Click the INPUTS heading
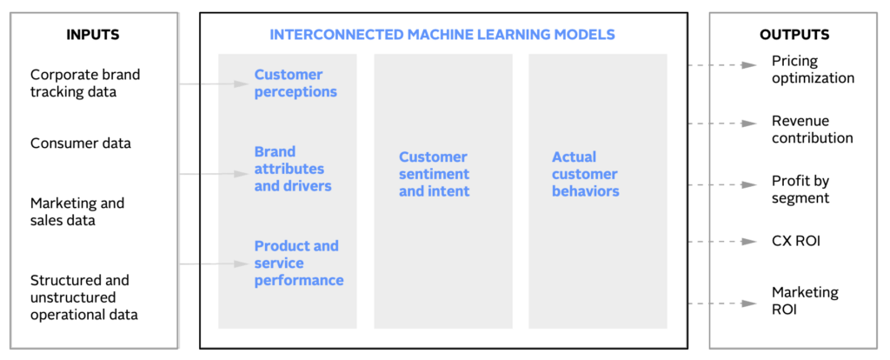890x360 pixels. click(93, 35)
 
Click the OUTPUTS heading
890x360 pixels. click(794, 35)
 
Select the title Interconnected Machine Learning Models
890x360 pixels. click(442, 35)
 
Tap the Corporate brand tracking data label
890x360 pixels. click(85, 83)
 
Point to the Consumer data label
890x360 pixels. click(81, 143)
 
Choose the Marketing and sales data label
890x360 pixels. click(77, 211)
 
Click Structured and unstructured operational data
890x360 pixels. click(84, 297)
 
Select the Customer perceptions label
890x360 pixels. click(296, 83)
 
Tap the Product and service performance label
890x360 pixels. click(299, 263)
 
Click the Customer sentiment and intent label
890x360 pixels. click(435, 174)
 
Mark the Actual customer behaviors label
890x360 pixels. click(585, 174)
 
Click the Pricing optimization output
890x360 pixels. click(813, 70)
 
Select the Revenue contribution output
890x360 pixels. click(813, 130)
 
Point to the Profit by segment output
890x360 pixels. click(800, 189)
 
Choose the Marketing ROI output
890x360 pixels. click(805, 301)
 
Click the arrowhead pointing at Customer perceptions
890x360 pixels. click(242, 84)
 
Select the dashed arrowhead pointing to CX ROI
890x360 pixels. click(750, 242)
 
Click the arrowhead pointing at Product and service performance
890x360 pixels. click(242, 263)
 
